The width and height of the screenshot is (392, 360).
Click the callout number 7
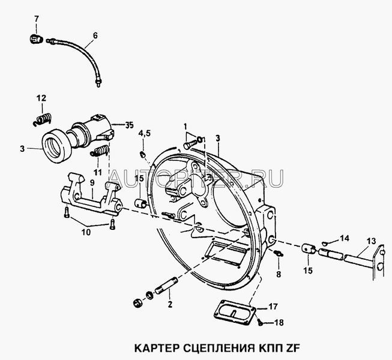click(x=37, y=19)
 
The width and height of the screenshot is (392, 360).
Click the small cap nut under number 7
click(x=36, y=40)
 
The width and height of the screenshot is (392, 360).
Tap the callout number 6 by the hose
click(x=95, y=36)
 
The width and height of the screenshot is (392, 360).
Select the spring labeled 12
click(x=43, y=119)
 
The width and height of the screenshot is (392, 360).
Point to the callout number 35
click(x=129, y=125)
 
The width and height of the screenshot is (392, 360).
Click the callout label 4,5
click(x=145, y=134)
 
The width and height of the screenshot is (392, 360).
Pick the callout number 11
click(x=98, y=172)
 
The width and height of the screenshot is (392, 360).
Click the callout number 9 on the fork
click(x=92, y=182)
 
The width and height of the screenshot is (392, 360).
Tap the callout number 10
click(x=86, y=232)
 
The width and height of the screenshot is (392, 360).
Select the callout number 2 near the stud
click(x=170, y=304)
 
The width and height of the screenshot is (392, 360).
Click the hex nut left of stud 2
click(x=137, y=304)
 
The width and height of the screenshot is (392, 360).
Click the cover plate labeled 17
click(x=235, y=313)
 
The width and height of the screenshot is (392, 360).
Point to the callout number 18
click(x=279, y=323)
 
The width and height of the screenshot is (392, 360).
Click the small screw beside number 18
click(x=261, y=322)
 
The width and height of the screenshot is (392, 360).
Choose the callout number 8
click(x=279, y=274)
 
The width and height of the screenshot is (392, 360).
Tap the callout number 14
click(x=345, y=238)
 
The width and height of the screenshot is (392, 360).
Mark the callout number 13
click(x=371, y=241)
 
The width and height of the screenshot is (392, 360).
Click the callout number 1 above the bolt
click(x=185, y=127)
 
